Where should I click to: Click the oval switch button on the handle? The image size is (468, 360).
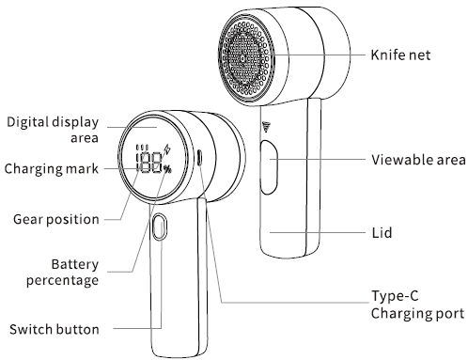tap(159, 228)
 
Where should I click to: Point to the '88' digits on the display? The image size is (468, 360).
tap(151, 163)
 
